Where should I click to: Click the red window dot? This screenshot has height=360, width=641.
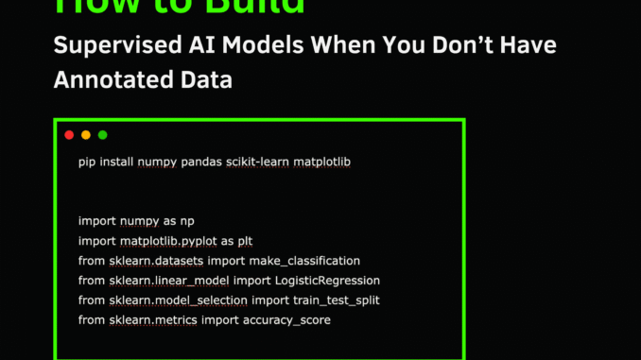[69, 135]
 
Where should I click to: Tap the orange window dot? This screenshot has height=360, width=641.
[86, 135]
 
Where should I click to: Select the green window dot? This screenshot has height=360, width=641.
[103, 135]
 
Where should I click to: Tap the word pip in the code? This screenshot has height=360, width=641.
[87, 163]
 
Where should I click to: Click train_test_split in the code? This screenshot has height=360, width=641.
[326, 300]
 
